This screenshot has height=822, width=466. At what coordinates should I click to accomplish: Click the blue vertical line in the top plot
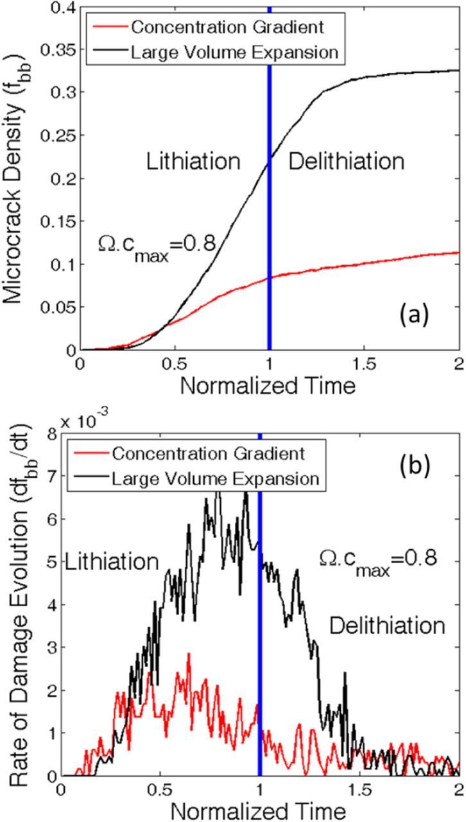pos(269,193)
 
